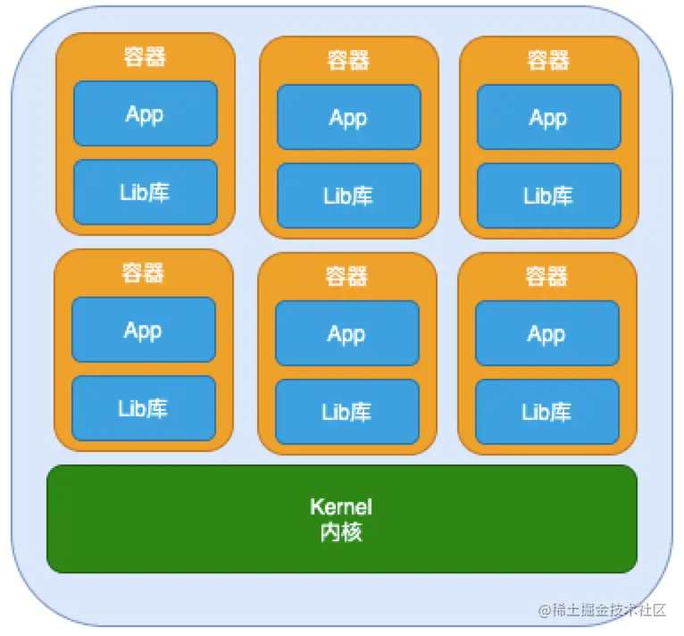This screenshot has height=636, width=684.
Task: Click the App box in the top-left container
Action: pyautogui.click(x=145, y=113)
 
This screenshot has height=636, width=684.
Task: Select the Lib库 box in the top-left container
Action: pyautogui.click(x=145, y=192)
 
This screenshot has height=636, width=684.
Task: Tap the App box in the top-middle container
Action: pyautogui.click(x=348, y=117)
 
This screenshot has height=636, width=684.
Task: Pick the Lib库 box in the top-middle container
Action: pyautogui.click(x=348, y=196)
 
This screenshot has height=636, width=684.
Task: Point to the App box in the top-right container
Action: pyautogui.click(x=548, y=117)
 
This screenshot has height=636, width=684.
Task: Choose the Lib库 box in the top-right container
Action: pyautogui.click(x=548, y=196)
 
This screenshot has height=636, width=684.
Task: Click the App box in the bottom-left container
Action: pyautogui.click(x=143, y=330)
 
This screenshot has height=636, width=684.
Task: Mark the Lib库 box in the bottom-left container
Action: pyautogui.click(x=143, y=408)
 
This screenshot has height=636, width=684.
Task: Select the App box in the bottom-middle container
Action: pyautogui.click(x=346, y=333)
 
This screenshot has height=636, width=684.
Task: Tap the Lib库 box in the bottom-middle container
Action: pyautogui.click(x=346, y=412)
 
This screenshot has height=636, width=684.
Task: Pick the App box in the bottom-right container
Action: pyautogui.click(x=546, y=333)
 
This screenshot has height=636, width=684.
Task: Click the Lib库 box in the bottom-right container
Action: pyautogui.click(x=546, y=412)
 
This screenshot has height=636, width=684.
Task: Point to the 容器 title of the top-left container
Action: pyautogui.click(x=145, y=56)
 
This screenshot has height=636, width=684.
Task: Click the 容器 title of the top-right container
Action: pyautogui.click(x=548, y=60)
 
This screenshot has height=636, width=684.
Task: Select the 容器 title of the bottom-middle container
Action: pyautogui.click(x=346, y=276)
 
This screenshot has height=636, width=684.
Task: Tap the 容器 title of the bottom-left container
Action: pyautogui.click(x=143, y=272)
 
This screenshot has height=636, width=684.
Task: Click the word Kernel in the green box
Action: pyautogui.click(x=341, y=506)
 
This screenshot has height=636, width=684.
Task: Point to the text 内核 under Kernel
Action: pyautogui.click(x=341, y=532)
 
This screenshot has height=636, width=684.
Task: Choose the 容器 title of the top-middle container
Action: pyautogui.click(x=348, y=60)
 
